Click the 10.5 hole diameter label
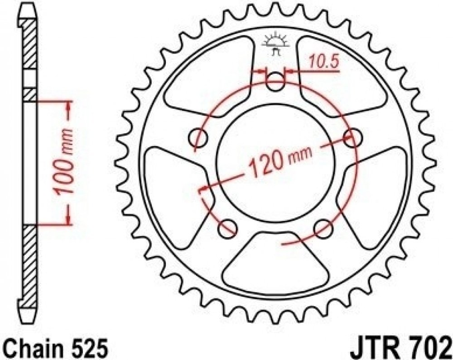pos(324,61)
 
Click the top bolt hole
pos(275,82)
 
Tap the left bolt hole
pos(198,138)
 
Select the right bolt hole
pos(352,138)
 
